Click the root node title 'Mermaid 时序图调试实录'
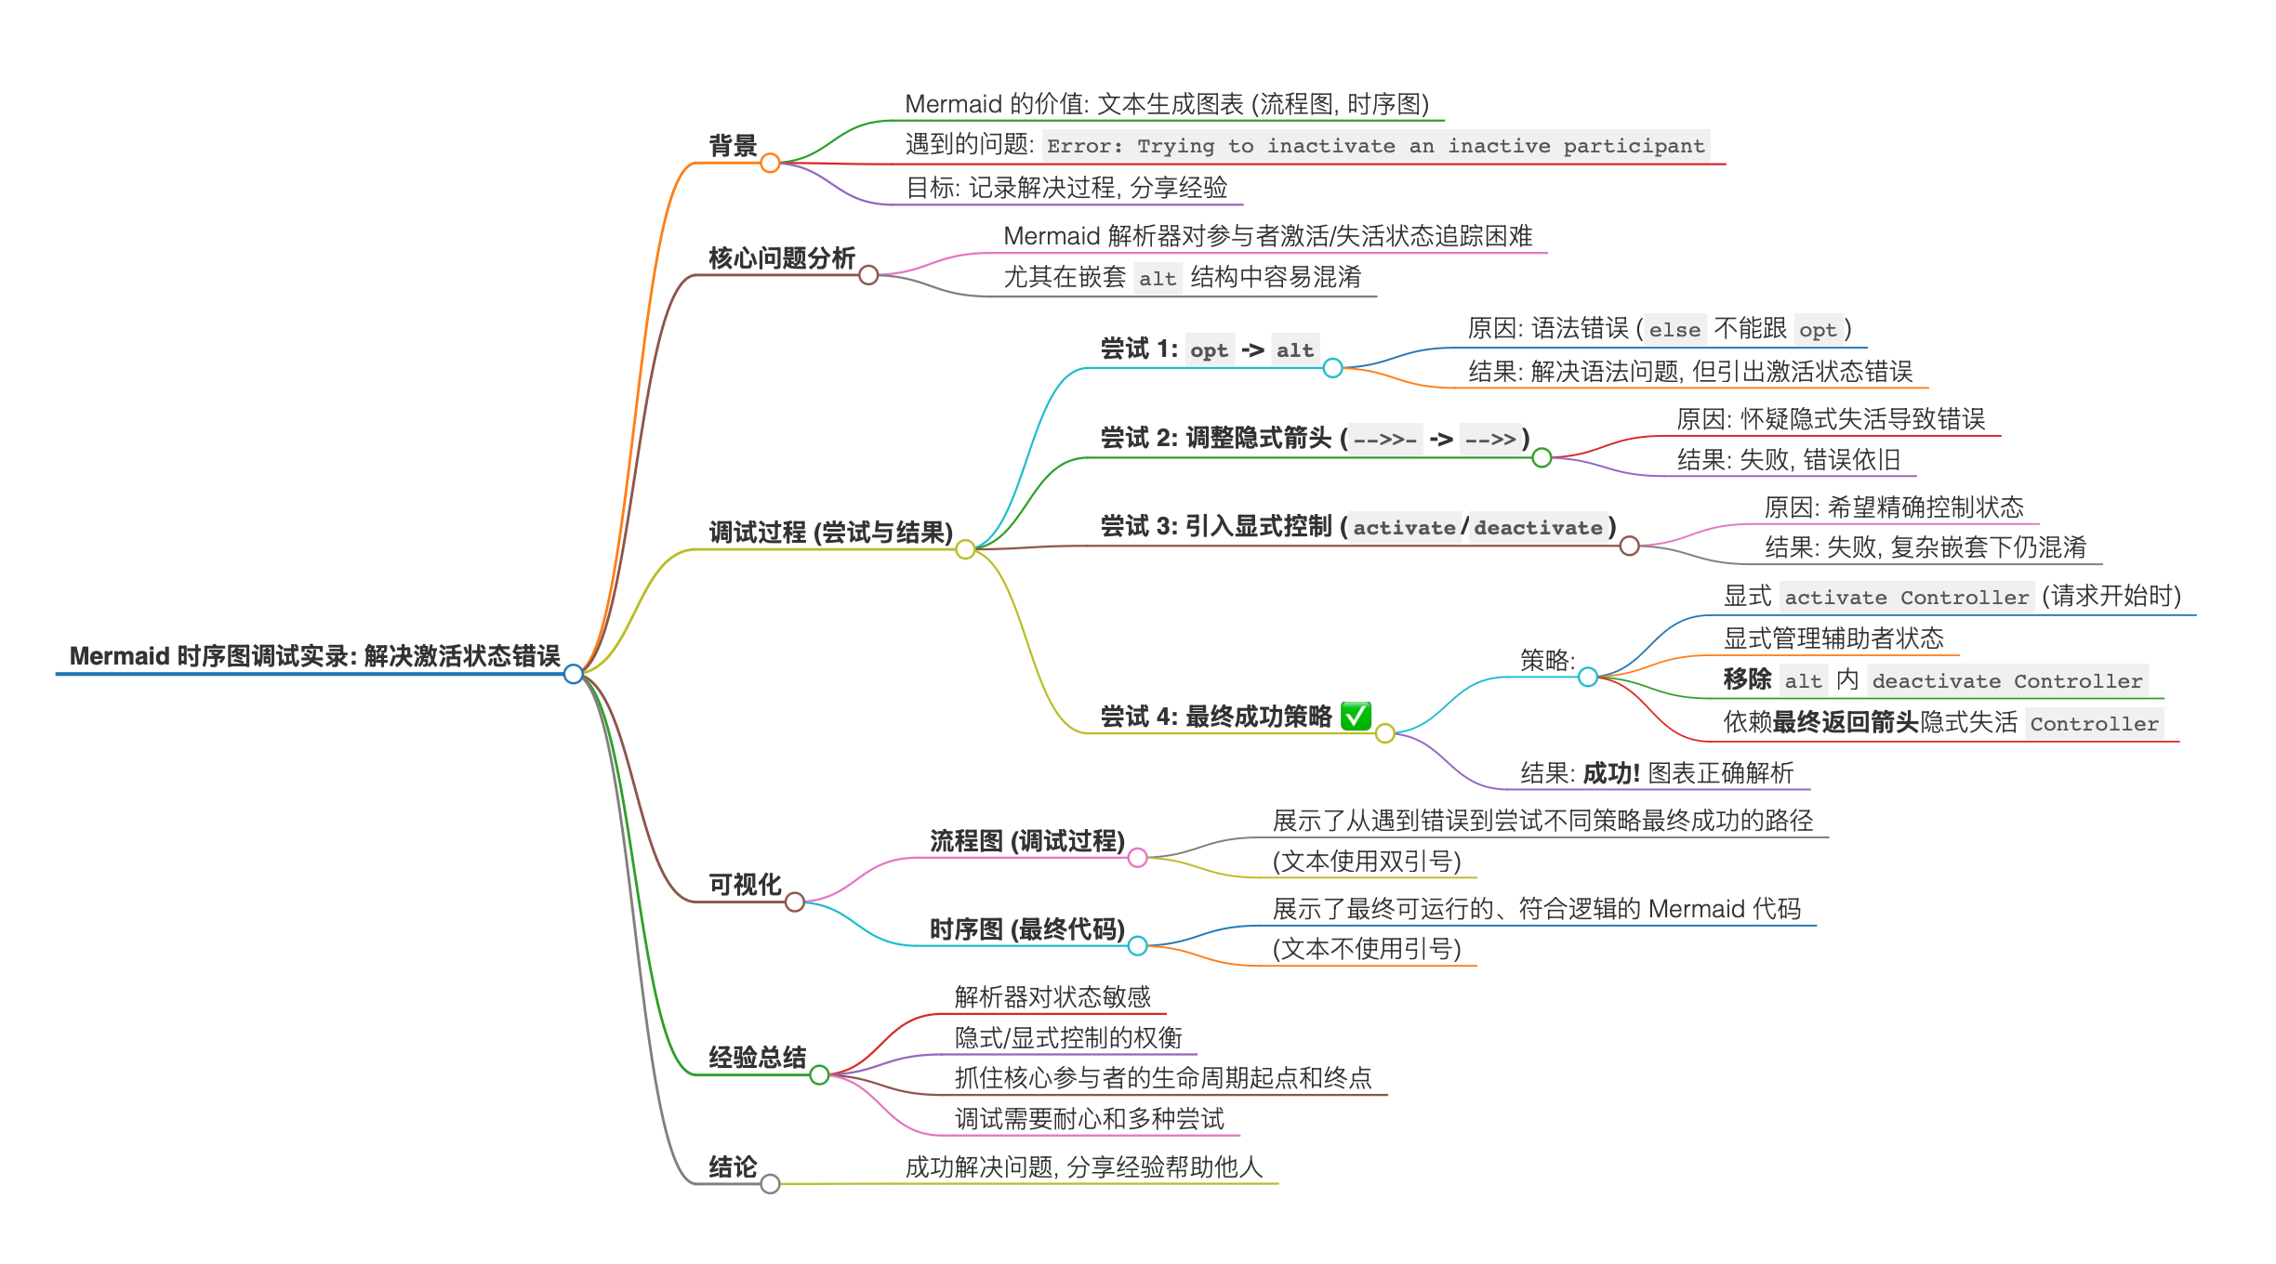(314, 656)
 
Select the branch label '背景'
(733, 146)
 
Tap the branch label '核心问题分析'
(781, 257)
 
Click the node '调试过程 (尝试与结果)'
(830, 533)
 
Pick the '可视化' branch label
(744, 884)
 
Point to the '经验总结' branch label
(757, 1057)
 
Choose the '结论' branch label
(733, 1166)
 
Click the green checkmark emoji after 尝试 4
(1356, 716)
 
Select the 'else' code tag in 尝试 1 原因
(1674, 330)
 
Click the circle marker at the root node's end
(574, 674)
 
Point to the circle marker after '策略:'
(1588, 678)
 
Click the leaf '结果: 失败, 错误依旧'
(1788, 460)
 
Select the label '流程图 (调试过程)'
(1027, 841)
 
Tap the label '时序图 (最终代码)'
(1027, 929)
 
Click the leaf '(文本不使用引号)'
(1367, 949)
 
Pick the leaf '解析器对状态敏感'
(1052, 997)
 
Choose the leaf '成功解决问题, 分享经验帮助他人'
(1083, 1167)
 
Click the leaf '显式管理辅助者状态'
(1833, 639)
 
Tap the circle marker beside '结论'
(770, 1184)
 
